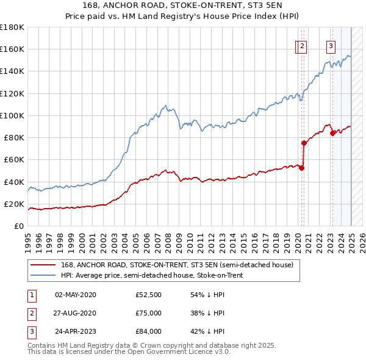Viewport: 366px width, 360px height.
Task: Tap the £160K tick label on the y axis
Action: (12, 49)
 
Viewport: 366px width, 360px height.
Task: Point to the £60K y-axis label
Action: (14, 159)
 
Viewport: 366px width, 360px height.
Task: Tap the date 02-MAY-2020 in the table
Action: (76, 295)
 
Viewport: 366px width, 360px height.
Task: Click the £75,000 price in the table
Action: (149, 313)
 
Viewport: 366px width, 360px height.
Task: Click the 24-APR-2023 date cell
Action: (76, 331)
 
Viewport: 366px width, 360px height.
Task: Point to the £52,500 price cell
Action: (149, 295)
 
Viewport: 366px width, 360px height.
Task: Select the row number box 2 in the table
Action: (31, 313)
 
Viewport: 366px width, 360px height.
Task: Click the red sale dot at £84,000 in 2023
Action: (332, 134)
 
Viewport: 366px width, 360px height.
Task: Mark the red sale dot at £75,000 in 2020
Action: (303, 143)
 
